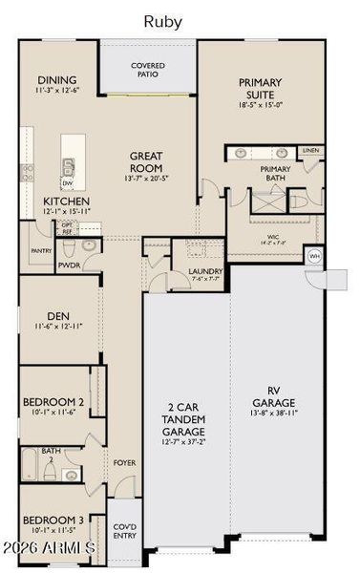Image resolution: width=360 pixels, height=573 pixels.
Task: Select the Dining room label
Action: (56, 80)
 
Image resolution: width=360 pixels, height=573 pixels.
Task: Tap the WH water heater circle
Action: (315, 256)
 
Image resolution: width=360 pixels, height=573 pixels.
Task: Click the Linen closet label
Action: (309, 151)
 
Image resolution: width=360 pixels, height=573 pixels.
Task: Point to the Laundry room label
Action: (205, 272)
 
